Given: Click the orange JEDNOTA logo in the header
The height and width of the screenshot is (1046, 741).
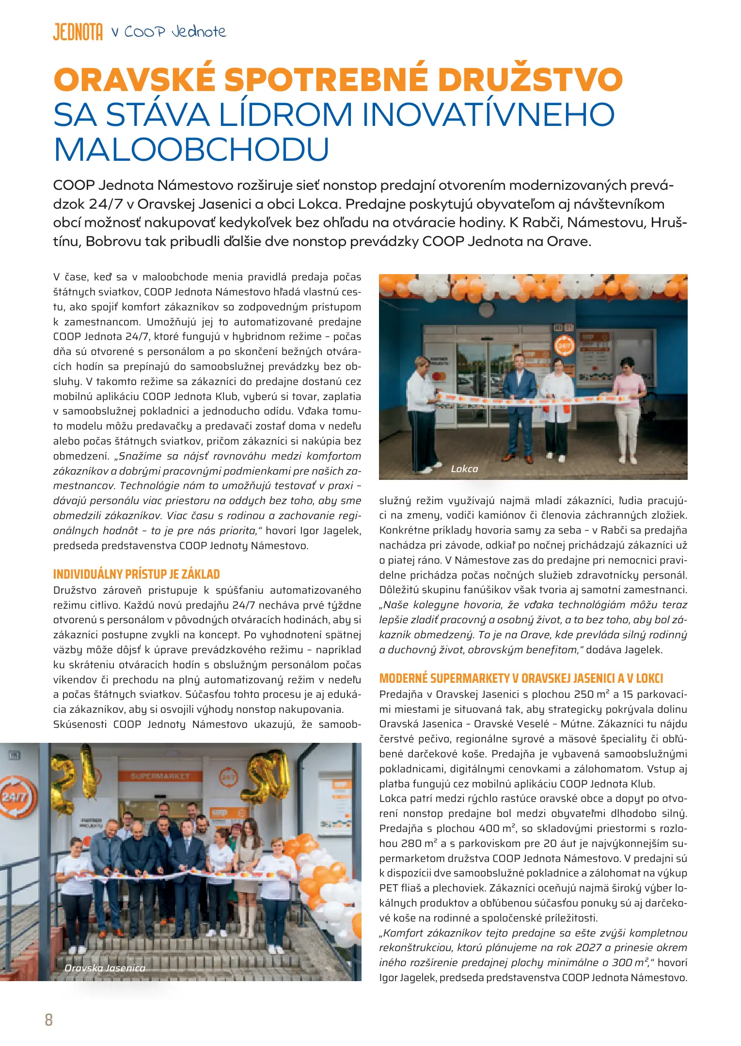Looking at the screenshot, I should (x=78, y=32).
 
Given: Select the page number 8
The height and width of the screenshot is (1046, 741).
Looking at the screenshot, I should (x=48, y=1019).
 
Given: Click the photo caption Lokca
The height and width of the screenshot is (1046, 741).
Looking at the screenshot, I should (x=464, y=469).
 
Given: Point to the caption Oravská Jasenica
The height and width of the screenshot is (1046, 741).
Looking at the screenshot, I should (x=105, y=968).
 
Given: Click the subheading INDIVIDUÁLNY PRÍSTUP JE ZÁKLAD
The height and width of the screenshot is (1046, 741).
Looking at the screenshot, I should (x=136, y=574).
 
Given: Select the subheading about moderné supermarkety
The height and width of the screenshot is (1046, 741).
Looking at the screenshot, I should (x=521, y=678).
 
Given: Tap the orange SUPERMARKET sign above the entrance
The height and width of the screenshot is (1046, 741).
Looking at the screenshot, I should (x=160, y=776).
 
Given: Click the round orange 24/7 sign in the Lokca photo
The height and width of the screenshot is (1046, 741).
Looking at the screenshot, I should (x=565, y=346).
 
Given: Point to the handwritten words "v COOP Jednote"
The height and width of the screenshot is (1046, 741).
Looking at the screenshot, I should (x=169, y=32).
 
